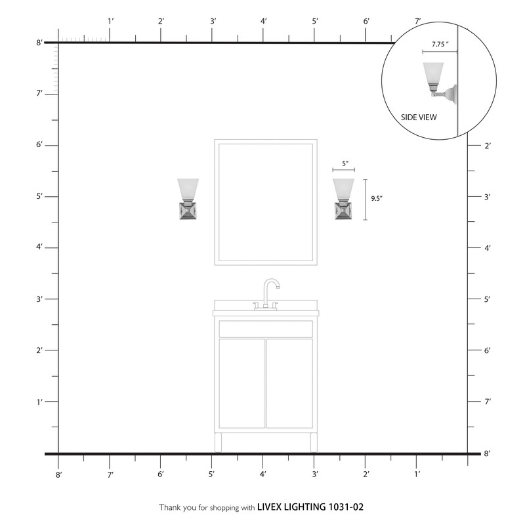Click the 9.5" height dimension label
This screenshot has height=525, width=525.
[377, 198]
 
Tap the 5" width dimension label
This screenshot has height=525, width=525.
[344, 163]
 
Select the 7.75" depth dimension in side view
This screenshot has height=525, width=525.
[440, 44]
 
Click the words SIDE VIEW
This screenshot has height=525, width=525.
[419, 117]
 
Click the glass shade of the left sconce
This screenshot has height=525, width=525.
[188, 189]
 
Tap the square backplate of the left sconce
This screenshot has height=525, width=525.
[188, 211]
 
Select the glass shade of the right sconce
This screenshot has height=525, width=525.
[343, 189]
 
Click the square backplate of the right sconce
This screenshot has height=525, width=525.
[343, 211]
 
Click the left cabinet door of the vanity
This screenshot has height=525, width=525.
[241, 383]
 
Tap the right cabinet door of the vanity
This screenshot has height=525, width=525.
[289, 383]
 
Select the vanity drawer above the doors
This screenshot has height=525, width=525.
[266, 329]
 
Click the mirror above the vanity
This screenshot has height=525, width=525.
[266, 202]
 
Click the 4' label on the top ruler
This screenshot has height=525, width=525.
[264, 22]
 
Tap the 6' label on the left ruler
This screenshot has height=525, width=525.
[39, 145]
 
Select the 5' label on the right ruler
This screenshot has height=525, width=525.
[487, 299]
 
